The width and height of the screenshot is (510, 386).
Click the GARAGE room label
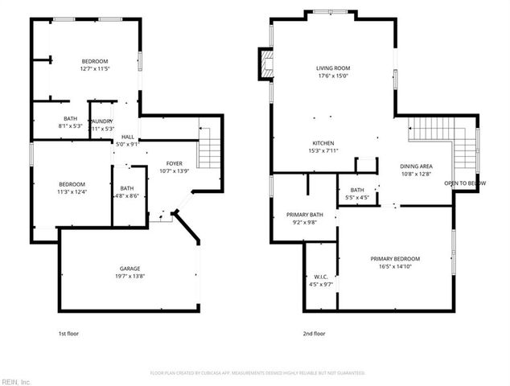pyautogui.click(x=131, y=269)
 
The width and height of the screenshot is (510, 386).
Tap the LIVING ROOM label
pyautogui.click(x=332, y=68)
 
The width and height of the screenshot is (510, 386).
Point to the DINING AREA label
pyautogui.click(x=416, y=166)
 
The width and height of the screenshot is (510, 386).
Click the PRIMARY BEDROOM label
pyautogui.click(x=395, y=258)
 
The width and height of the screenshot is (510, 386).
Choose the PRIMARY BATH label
pyautogui.click(x=304, y=215)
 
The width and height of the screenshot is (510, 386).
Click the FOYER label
pyautogui.click(x=174, y=163)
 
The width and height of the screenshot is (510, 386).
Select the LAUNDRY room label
pyautogui.click(x=102, y=121)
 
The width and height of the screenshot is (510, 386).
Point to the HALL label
pyautogui.click(x=128, y=138)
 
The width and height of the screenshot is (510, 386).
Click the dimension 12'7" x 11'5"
pyautogui.click(x=94, y=69)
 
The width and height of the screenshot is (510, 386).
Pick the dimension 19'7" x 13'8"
pyautogui.click(x=131, y=276)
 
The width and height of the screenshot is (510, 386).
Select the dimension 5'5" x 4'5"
pyautogui.click(x=356, y=197)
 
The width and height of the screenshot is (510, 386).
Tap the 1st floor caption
pyautogui.click(x=68, y=333)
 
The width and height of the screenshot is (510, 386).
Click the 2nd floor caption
pyautogui.click(x=315, y=333)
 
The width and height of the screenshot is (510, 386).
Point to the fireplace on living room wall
pyautogui.click(x=264, y=64)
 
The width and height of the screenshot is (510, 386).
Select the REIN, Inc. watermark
pyautogui.click(x=16, y=381)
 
